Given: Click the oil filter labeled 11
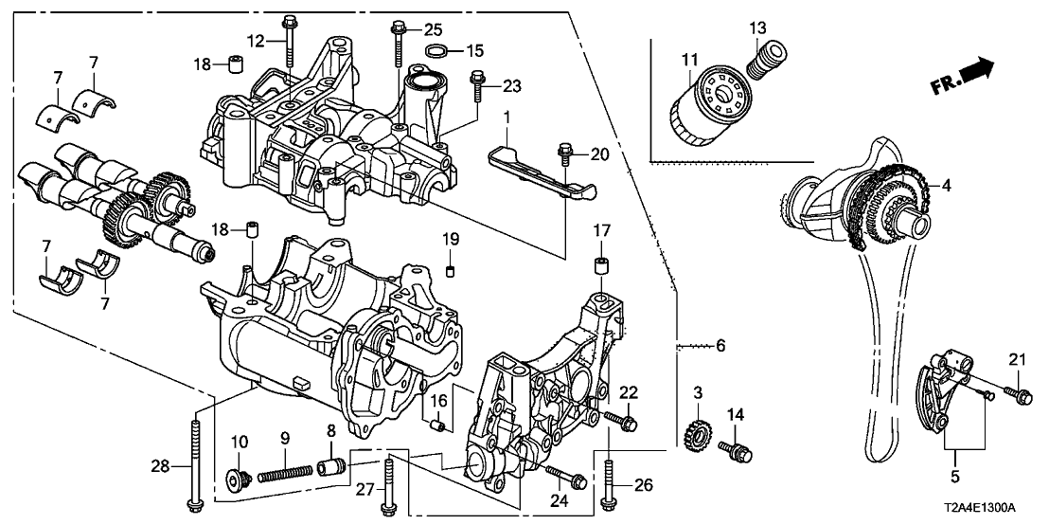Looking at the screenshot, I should [x=707, y=106].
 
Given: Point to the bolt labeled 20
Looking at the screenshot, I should [x=565, y=153].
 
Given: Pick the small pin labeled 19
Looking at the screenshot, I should [x=453, y=271].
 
